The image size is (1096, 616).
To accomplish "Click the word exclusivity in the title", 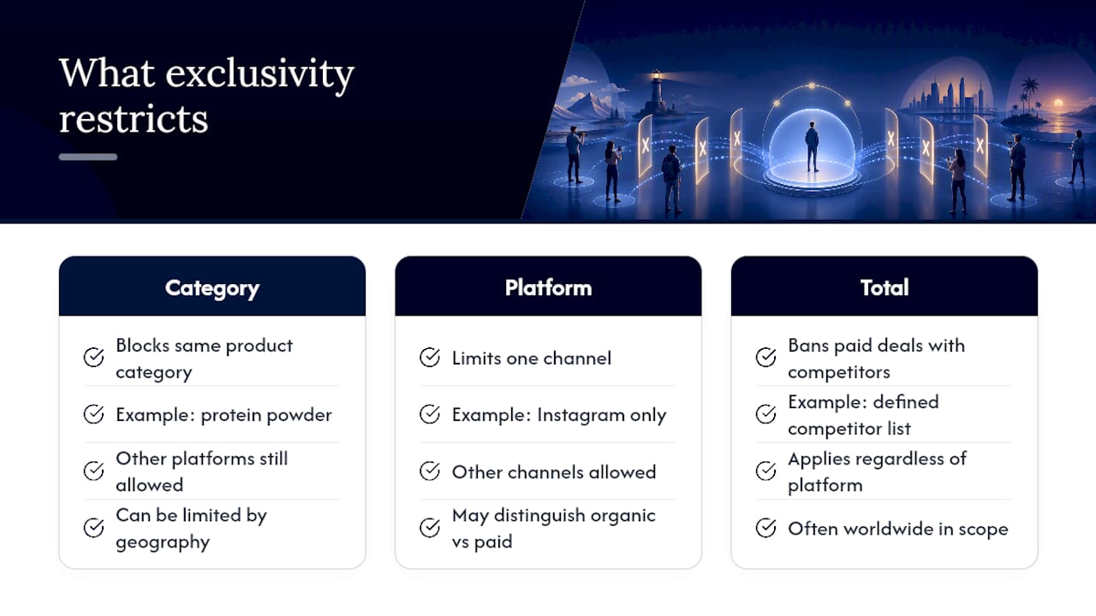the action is tap(259, 74).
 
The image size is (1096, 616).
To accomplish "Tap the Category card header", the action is tap(212, 287).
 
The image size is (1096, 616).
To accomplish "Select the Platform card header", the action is tap(548, 287).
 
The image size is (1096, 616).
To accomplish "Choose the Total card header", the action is tap(885, 287).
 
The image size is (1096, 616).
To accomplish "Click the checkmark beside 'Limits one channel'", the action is tap(430, 358).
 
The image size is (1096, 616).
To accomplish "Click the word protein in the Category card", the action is tap(231, 416).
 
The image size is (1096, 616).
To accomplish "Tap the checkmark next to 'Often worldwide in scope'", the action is tap(765, 528).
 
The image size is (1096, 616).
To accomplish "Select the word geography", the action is tap(163, 542).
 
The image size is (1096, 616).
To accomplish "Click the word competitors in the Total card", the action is tap(838, 372).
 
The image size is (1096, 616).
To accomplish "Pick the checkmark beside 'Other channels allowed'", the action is tap(430, 471).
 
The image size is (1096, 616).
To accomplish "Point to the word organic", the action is tap(622, 516).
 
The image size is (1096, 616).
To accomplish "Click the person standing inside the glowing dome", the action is tap(812, 146).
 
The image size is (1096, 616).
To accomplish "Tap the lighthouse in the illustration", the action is tap(656, 93).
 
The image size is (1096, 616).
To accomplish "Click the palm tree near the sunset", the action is tap(1029, 93).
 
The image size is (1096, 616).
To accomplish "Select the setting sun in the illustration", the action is tap(1057, 104).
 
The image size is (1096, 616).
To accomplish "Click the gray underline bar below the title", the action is tap(88, 157).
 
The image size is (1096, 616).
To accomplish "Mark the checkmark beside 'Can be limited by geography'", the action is tap(93, 528).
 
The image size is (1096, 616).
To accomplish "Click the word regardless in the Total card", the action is tap(898, 459).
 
